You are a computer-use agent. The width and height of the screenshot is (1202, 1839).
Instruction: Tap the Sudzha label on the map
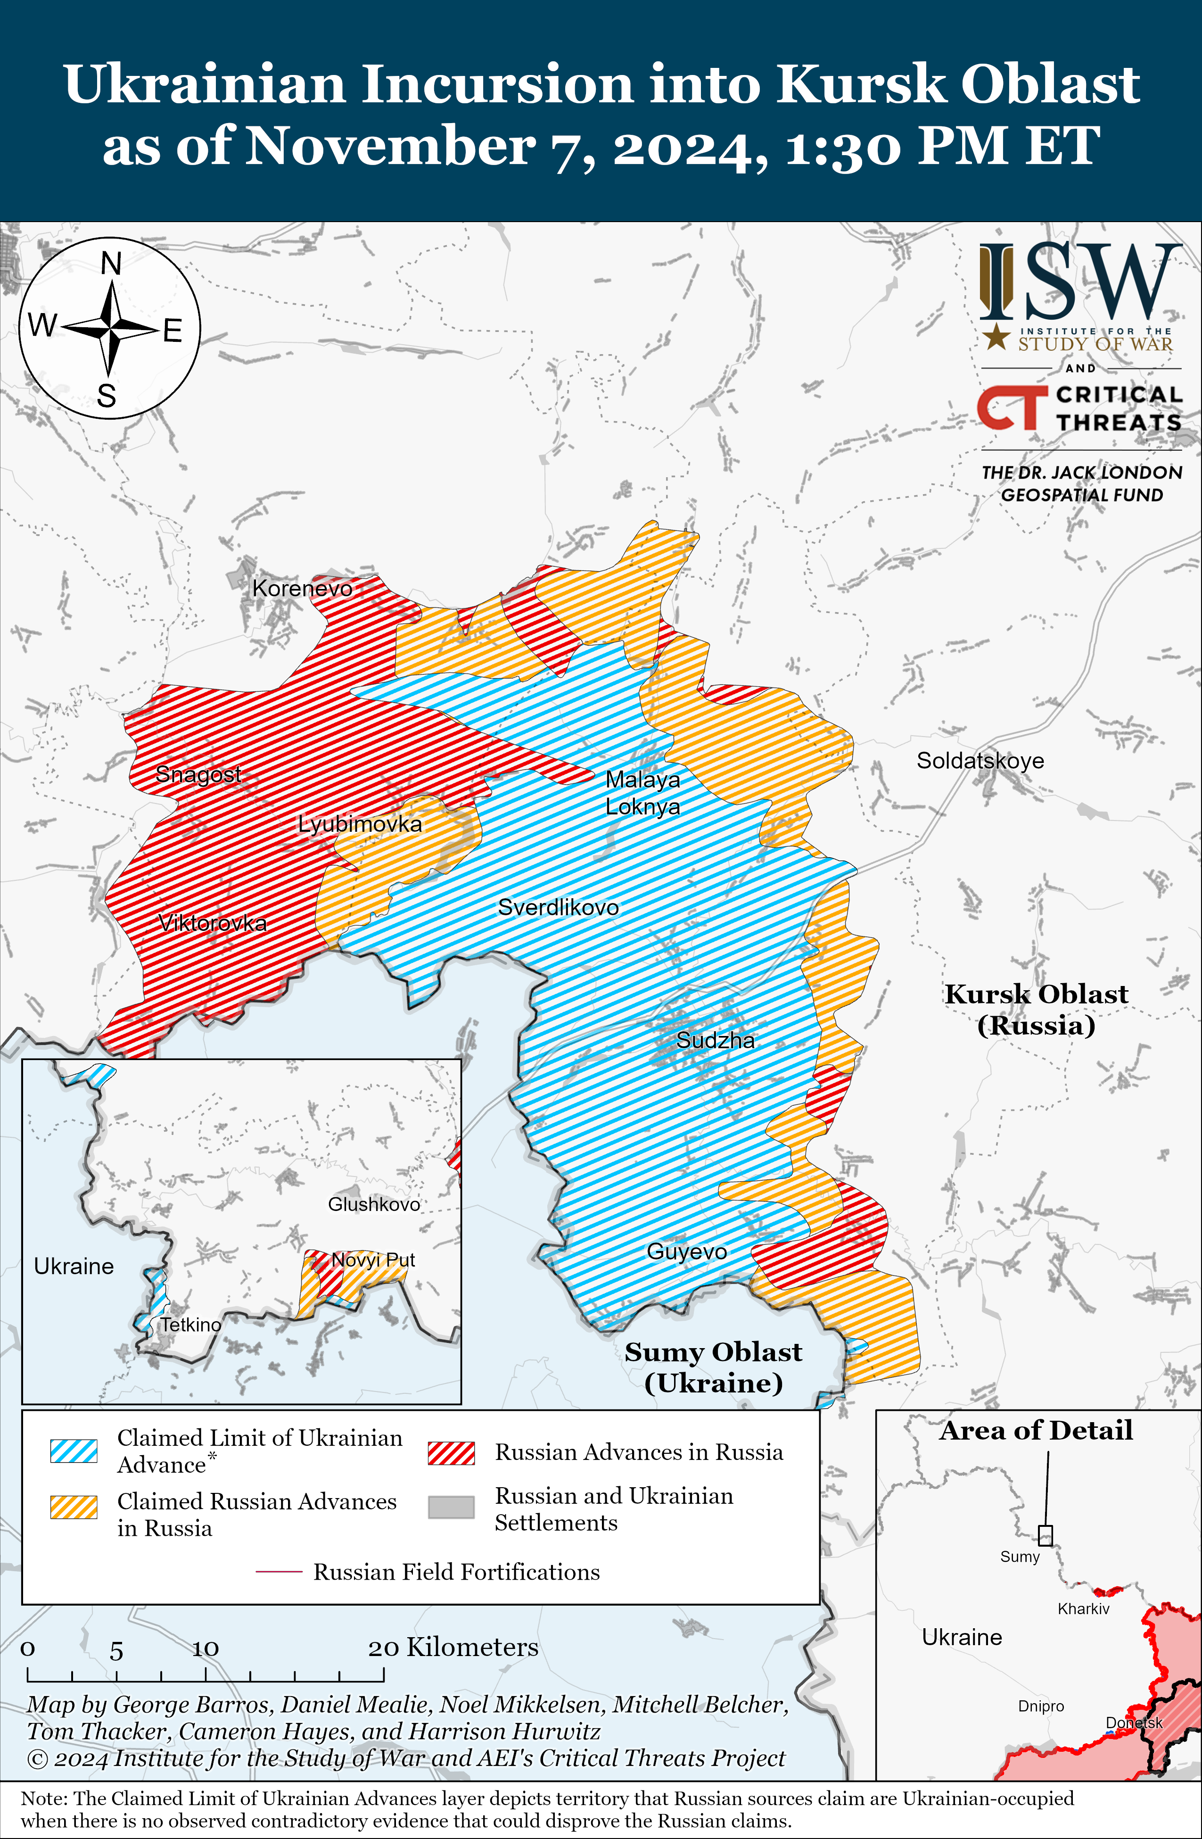click(x=716, y=1040)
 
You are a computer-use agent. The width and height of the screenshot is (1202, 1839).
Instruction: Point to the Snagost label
click(x=198, y=773)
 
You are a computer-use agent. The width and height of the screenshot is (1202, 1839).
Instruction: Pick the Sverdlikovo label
click(x=558, y=907)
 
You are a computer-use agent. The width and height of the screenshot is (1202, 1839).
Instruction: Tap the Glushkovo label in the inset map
click(x=374, y=1204)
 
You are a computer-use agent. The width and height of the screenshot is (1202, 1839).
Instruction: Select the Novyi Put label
click(x=373, y=1260)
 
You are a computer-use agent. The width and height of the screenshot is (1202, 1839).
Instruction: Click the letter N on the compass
click(x=111, y=264)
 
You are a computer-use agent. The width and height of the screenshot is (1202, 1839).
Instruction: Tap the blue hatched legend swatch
click(x=74, y=1450)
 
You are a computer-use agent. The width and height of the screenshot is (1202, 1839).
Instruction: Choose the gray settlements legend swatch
click(x=451, y=1507)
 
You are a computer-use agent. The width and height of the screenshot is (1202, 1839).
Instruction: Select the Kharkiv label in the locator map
click(x=1083, y=1609)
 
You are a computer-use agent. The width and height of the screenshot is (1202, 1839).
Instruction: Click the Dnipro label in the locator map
click(x=1040, y=1706)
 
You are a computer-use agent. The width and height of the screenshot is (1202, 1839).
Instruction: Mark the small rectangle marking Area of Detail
click(x=1045, y=1534)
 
